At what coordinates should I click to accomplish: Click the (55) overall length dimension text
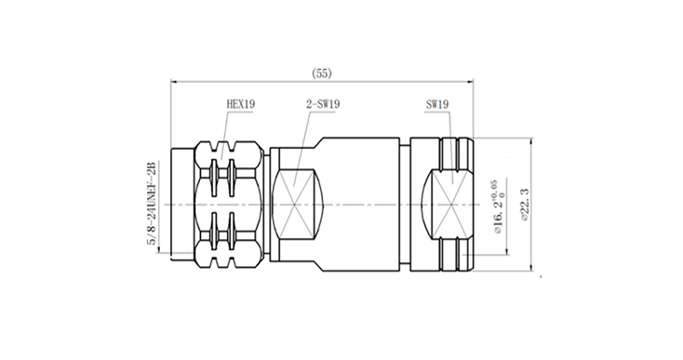click(x=321, y=73)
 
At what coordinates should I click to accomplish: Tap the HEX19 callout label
click(x=240, y=104)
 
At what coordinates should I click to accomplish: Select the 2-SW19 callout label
click(x=322, y=104)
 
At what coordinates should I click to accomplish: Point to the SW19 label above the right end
click(x=437, y=104)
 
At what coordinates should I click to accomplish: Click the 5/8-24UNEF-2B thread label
click(x=151, y=204)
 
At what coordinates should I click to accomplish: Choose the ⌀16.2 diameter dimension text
click(x=499, y=207)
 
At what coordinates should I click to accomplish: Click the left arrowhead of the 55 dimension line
click(x=174, y=81)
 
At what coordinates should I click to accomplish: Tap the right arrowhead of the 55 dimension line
click(x=470, y=81)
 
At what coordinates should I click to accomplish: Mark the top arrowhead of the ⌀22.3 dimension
click(x=531, y=141)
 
